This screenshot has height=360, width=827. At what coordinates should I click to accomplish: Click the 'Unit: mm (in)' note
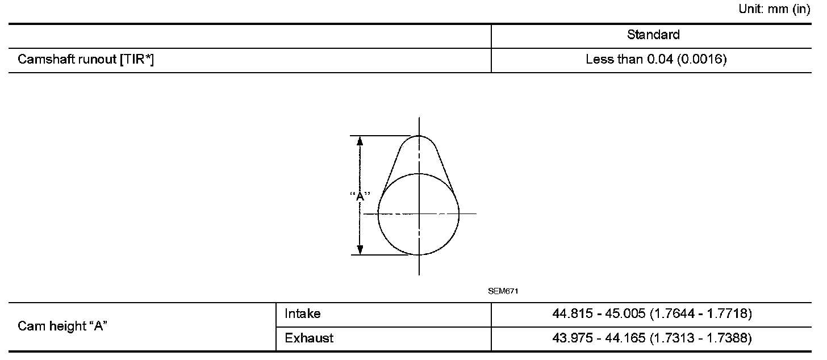click(x=774, y=9)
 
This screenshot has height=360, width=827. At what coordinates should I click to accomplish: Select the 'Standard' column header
click(x=653, y=35)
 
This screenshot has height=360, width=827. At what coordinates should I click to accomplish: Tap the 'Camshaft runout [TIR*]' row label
click(x=86, y=59)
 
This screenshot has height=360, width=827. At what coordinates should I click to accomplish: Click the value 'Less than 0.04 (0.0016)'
click(x=656, y=59)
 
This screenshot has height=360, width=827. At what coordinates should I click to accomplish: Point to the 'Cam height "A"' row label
click(x=62, y=326)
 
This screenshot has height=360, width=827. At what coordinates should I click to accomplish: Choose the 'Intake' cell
click(x=302, y=313)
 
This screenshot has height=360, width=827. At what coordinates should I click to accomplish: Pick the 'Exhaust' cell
click(x=309, y=338)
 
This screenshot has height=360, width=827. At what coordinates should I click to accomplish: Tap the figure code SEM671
click(x=503, y=291)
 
